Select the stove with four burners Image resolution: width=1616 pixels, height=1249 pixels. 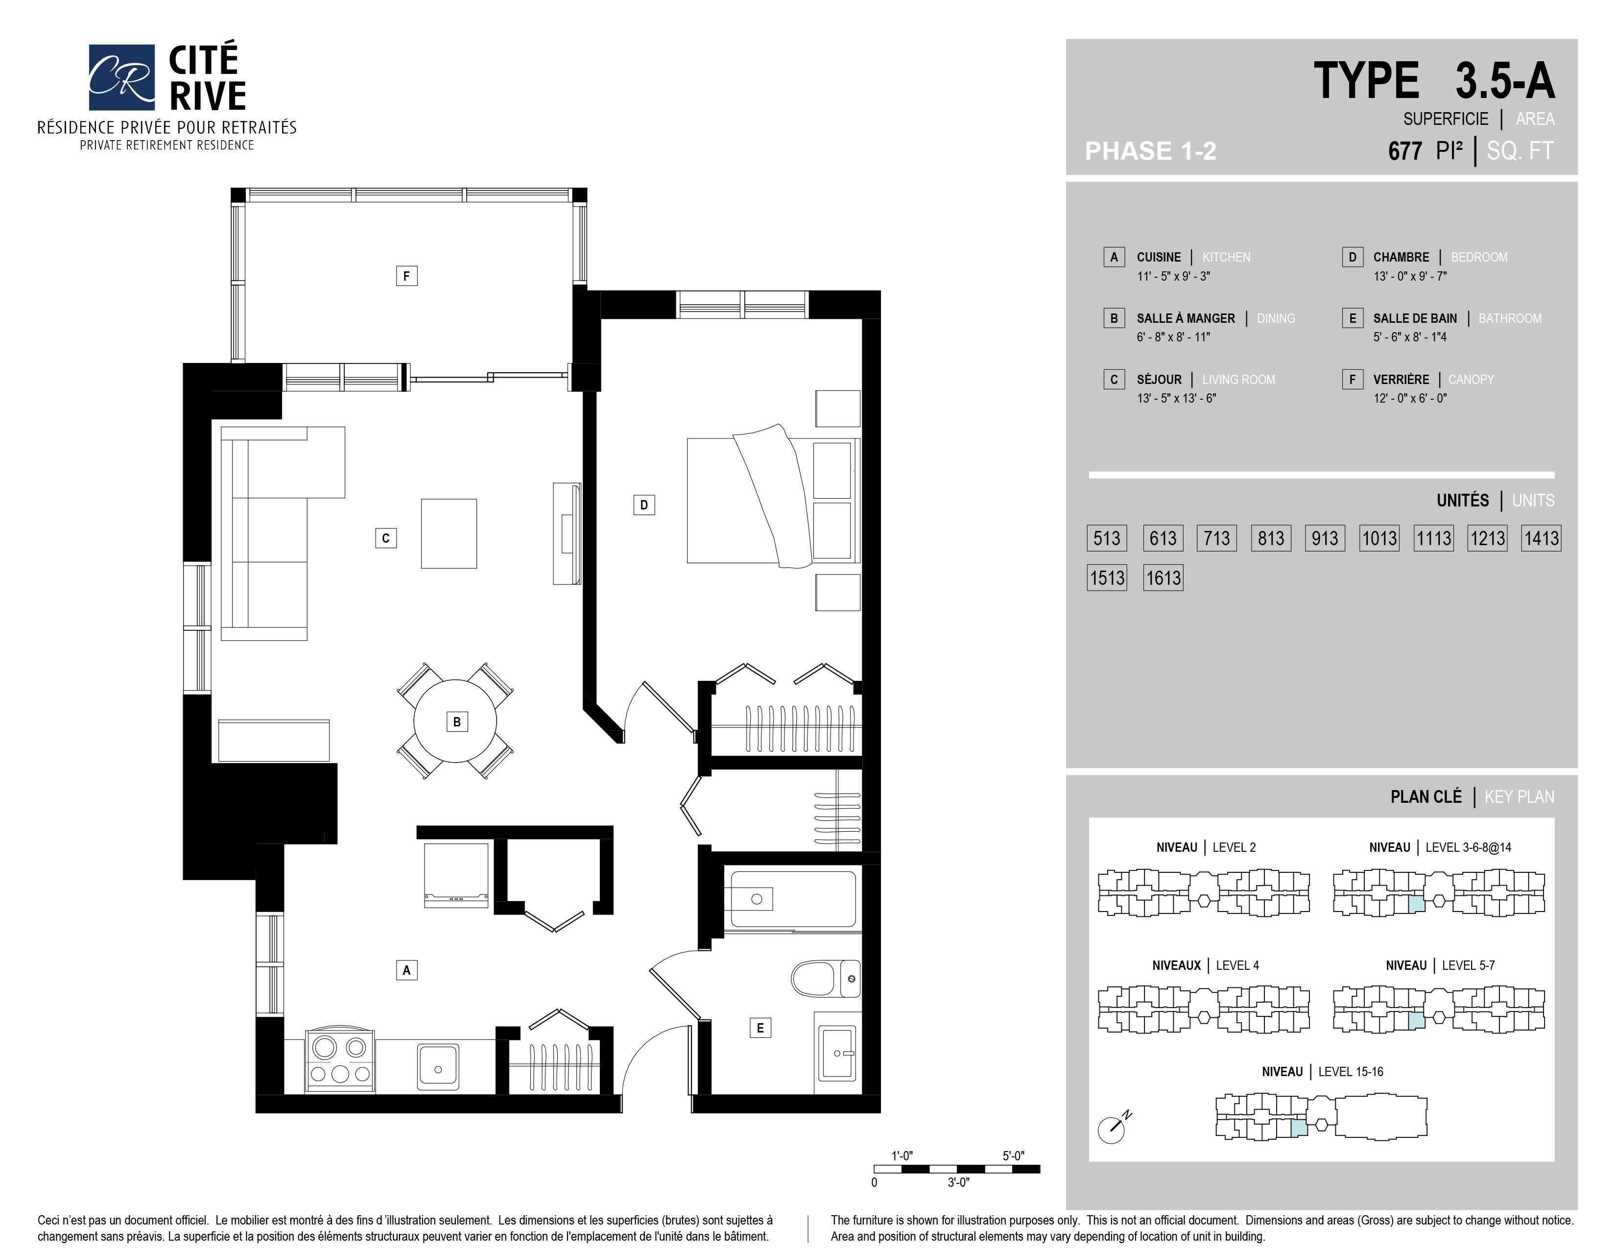(x=340, y=1061)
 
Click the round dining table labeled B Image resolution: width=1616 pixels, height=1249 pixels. (x=455, y=721)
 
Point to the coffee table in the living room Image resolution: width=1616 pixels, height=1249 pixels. (x=449, y=533)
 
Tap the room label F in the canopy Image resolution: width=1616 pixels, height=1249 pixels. (x=406, y=276)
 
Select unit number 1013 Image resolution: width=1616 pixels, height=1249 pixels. (x=1379, y=538)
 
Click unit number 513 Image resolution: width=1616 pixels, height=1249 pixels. (x=1107, y=538)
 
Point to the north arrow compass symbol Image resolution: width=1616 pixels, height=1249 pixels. (x=1114, y=1127)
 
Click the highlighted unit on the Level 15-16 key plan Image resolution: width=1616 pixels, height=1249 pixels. (x=1299, y=1128)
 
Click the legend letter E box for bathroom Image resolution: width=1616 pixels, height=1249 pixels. (x=1352, y=318)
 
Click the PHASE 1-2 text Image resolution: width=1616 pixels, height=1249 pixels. (x=1151, y=151)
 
